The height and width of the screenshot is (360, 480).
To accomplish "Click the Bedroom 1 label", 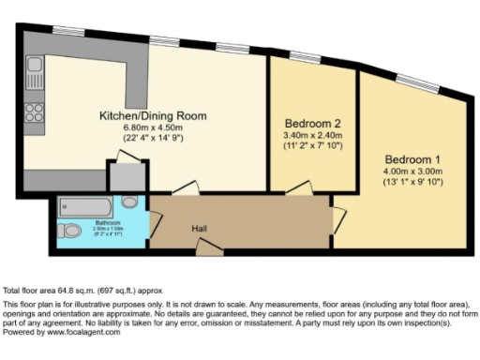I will tap(411, 157).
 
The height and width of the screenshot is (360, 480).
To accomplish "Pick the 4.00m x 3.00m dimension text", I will tap(411, 170).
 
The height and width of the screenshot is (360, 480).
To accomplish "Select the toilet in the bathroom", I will tap(68, 231).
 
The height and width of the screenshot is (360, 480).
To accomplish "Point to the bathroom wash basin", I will tap(129, 201).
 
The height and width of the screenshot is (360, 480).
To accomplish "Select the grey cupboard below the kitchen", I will tap(124, 174).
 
